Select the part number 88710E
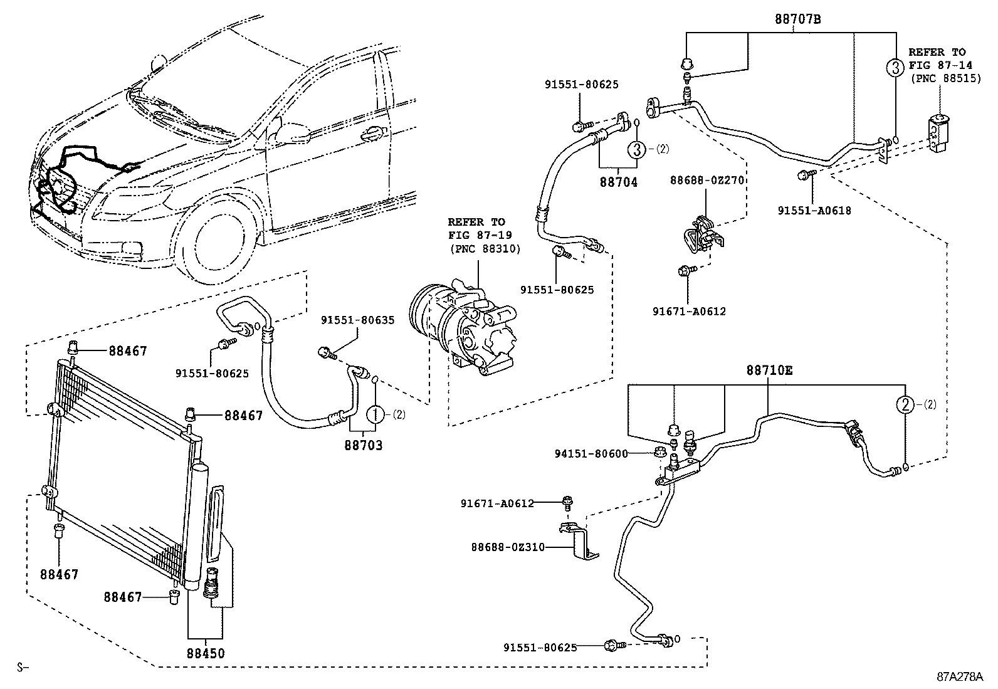tap(769, 371)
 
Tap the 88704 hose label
tap(618, 182)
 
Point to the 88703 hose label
tap(363, 446)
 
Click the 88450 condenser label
tap(206, 653)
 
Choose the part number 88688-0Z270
tap(706, 180)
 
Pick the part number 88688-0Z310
tap(508, 547)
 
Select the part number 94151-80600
tap(591, 453)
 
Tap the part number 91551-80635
tap(358, 320)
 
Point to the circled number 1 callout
tap(374, 414)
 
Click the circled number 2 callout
tap(906, 405)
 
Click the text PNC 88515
tap(945, 79)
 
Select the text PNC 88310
tap(485, 249)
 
